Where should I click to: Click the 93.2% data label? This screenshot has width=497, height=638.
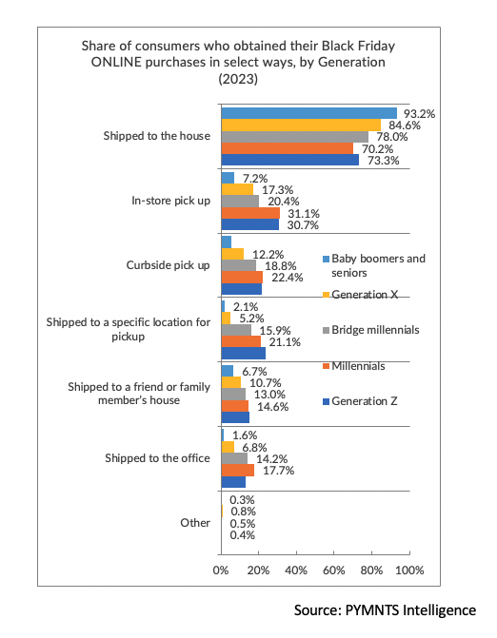click(419, 114)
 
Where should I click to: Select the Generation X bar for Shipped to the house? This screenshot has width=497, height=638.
click(301, 125)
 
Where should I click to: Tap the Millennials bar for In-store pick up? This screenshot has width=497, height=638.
click(250, 213)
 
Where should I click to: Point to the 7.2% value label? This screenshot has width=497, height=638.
click(255, 178)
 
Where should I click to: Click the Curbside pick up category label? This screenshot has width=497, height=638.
click(168, 265)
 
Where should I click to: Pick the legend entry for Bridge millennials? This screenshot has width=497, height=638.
click(370, 330)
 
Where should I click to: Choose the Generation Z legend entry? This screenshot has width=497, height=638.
click(360, 401)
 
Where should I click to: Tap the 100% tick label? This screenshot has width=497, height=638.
click(409, 570)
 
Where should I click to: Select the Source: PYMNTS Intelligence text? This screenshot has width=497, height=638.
click(385, 610)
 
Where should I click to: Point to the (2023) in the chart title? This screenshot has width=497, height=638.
click(238, 79)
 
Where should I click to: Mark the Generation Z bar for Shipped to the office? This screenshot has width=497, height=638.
click(233, 482)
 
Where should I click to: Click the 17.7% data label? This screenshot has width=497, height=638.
click(279, 471)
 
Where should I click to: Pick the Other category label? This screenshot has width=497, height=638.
click(195, 523)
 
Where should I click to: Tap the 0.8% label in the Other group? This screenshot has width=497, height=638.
click(243, 512)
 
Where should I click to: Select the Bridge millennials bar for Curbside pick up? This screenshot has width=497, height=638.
click(239, 265)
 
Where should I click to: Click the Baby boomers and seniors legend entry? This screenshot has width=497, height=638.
click(374, 265)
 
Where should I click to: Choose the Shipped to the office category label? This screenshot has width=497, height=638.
click(157, 458)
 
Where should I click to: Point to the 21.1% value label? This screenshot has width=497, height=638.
click(285, 342)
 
